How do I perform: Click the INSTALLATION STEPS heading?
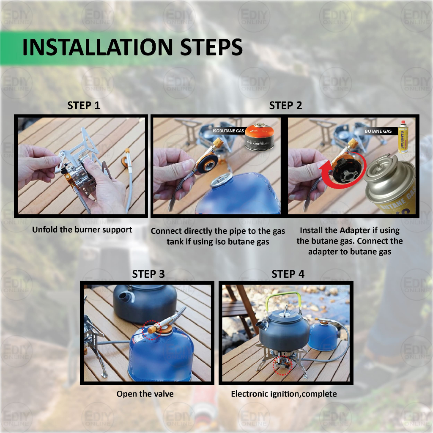click(132, 47)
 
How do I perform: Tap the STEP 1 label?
click(83, 105)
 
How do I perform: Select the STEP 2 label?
click(285, 105)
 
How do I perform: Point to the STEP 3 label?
click(148, 274)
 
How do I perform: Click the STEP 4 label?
click(288, 274)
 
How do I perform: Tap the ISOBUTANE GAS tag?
click(228, 131)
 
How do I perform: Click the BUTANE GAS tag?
click(378, 131)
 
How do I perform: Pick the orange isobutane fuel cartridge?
click(259, 137)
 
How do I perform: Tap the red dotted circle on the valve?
click(151, 330)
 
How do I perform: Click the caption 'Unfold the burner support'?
click(82, 230)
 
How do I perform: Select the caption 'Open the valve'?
click(145, 394)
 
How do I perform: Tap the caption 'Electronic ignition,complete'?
click(284, 394)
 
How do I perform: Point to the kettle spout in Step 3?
click(125, 298)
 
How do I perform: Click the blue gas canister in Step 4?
click(323, 335)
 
